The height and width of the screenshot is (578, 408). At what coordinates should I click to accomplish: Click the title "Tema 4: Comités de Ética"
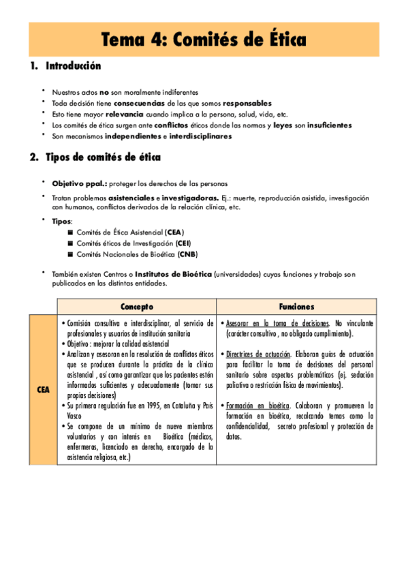point(204,40)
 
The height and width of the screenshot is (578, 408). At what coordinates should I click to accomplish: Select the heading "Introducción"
point(73,67)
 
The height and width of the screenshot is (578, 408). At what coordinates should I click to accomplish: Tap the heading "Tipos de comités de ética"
point(103,157)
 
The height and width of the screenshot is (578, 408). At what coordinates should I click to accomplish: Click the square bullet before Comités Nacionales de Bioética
point(70,254)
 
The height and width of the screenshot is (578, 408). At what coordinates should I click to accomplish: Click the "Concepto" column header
point(136,306)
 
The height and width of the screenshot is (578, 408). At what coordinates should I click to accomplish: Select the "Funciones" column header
point(296,306)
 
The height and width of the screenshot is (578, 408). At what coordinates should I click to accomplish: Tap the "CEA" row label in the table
point(42,389)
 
